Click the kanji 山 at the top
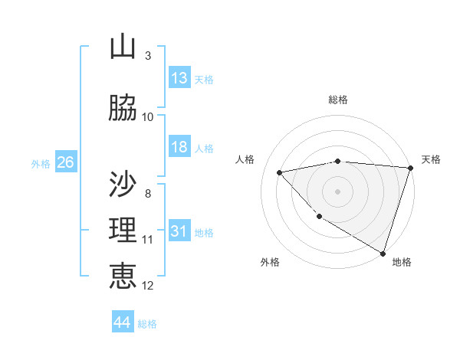[x=123, y=47]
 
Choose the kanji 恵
[x=123, y=276]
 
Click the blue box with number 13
[x=179, y=77]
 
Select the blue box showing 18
[x=179, y=147]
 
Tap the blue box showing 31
[x=179, y=231]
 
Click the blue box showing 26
[x=64, y=162]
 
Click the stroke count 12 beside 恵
[x=148, y=286]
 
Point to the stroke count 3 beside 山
[x=147, y=56]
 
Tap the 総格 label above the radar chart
[x=338, y=100]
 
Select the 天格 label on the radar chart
[x=431, y=159]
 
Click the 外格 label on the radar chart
[x=270, y=262]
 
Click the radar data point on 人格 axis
[x=280, y=172]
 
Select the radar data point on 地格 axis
[x=383, y=253]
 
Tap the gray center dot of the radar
[x=338, y=191]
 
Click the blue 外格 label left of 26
[x=40, y=163]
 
